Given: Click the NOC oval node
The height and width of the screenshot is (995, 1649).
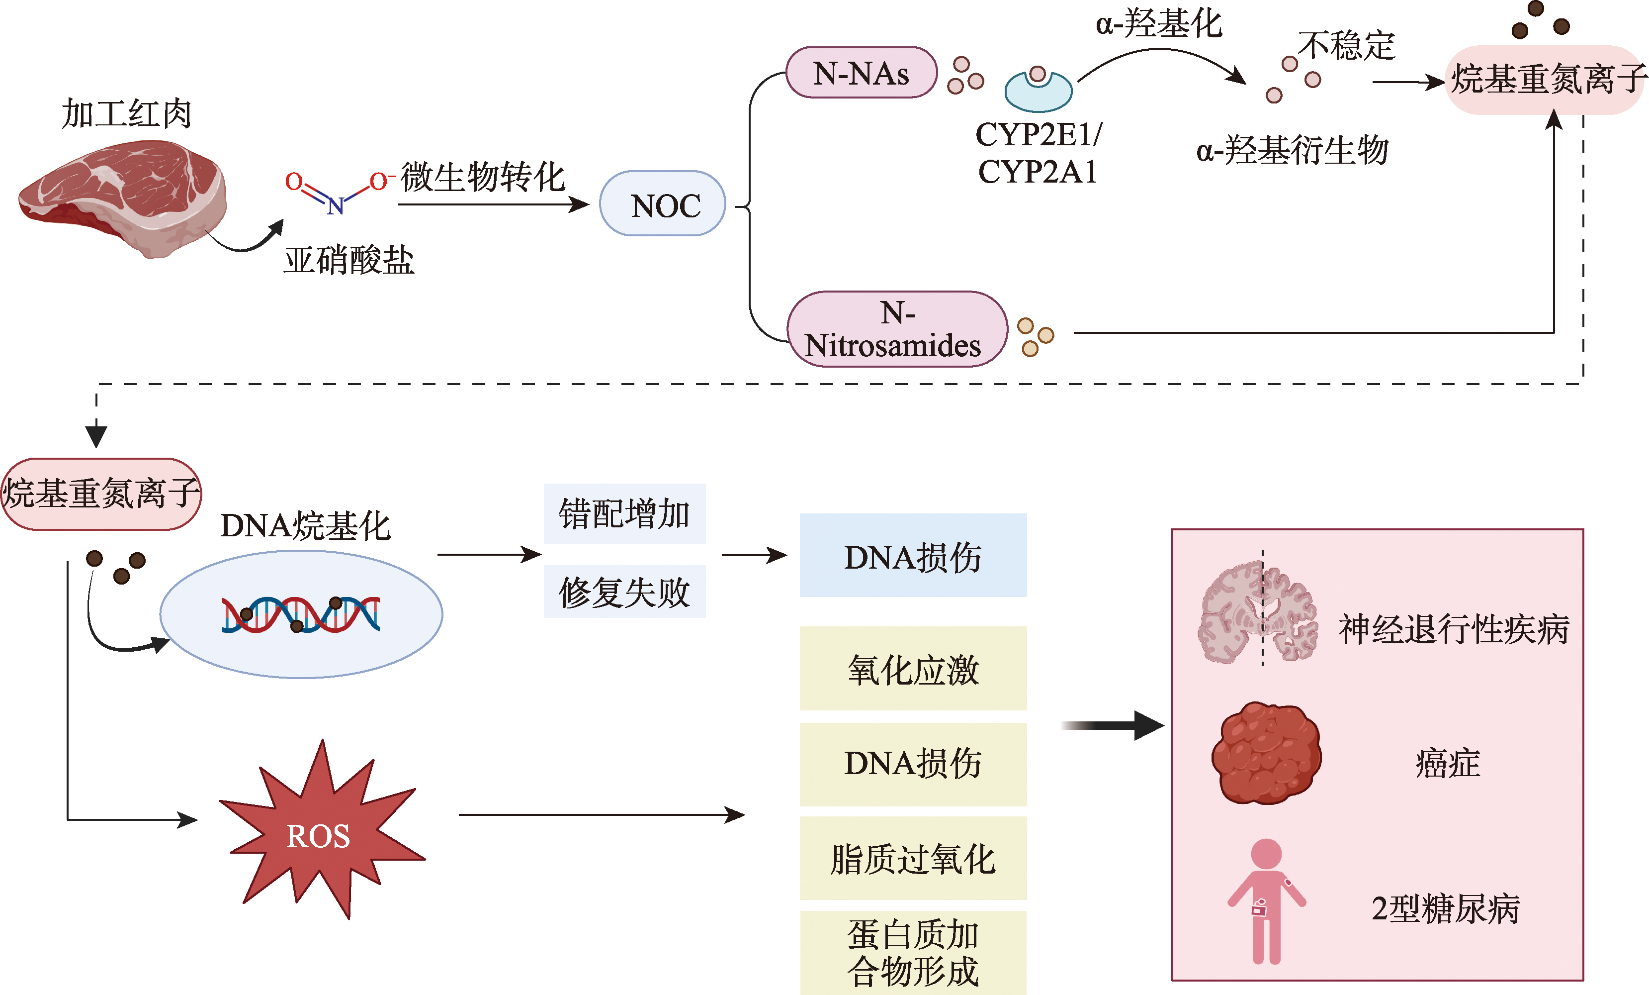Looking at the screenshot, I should coord(663,203).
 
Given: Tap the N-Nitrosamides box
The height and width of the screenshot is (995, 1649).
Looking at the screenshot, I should coord(897,329).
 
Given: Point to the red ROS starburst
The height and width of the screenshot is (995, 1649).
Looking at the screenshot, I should coord(319,834).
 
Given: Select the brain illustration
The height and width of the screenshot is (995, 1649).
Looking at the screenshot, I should coord(1257,612).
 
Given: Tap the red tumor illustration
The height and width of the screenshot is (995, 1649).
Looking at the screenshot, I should coord(1266,753).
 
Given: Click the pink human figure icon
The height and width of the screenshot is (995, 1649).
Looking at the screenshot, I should coord(1266,900).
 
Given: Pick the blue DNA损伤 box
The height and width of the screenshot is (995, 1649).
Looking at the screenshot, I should coord(913,555).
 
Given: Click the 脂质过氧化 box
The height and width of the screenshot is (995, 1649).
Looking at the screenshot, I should coord(913,858).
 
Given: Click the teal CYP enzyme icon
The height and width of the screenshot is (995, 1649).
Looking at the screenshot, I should coord(1038,91).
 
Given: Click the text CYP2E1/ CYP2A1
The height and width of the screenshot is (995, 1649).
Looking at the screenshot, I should coord(1038,153).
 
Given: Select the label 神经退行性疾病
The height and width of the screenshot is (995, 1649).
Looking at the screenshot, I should coord(1454,629).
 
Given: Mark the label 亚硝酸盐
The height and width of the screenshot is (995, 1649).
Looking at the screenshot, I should coord(348,260).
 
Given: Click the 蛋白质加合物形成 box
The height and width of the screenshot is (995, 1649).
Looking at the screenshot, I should coord(913,952).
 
